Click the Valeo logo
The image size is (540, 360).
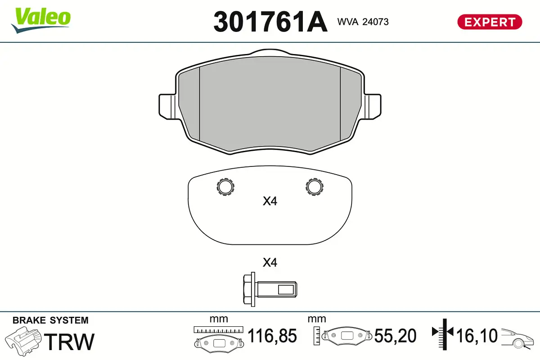click(41, 20)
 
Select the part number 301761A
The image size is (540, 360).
click(270, 22)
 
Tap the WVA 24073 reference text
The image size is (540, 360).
click(363, 22)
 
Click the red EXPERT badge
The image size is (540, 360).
click(490, 22)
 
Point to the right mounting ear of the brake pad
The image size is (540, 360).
click(373, 107)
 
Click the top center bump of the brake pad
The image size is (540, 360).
click(270, 52)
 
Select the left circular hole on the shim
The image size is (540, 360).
click(225, 187)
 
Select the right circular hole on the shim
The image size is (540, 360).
click(315, 187)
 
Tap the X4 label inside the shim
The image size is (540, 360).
click(270, 201)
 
